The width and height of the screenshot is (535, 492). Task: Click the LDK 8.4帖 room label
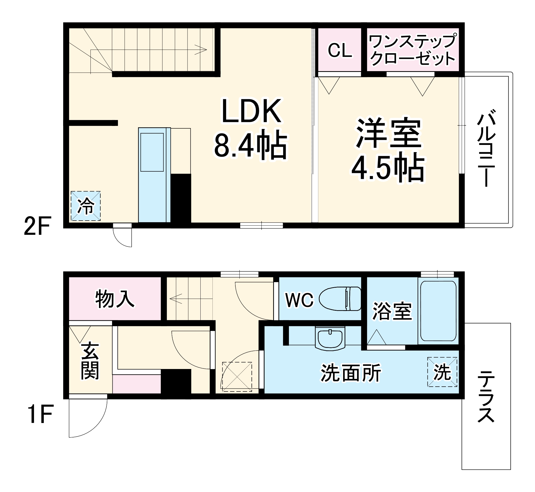pos(251,128)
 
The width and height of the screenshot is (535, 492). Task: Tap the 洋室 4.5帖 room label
pos(388,150)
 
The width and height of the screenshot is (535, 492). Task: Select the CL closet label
pos(340,50)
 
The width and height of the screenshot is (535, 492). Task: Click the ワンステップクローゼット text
pos(412,50)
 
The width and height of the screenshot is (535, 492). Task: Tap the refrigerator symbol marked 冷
pos(86,206)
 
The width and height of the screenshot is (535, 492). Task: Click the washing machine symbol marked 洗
pos(442,372)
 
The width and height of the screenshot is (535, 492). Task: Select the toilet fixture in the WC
pos(340,299)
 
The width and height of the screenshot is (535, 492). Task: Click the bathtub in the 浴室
pos(438,311)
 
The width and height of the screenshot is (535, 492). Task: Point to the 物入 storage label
pos(115,299)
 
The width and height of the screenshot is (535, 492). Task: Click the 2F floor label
pos(37,226)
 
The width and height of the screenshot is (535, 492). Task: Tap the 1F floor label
pos(40,414)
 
